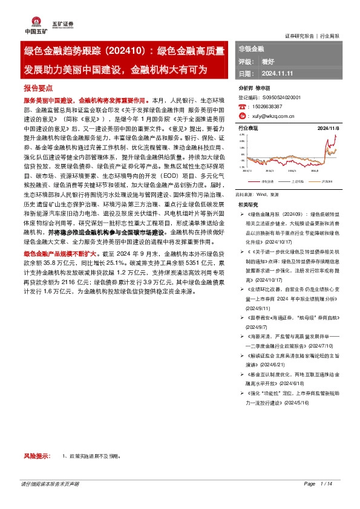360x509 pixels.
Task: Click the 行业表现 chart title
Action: pos(248,129)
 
